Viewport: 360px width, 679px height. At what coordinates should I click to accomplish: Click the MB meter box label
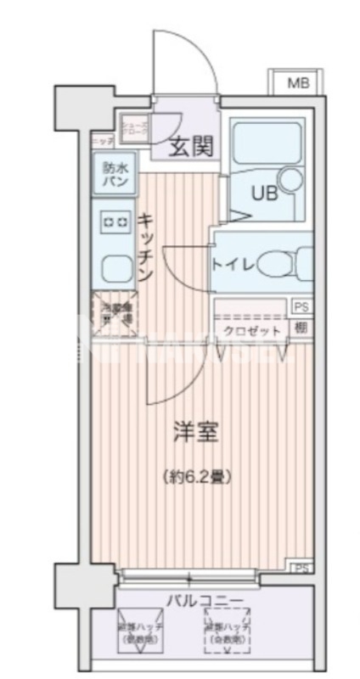(296, 82)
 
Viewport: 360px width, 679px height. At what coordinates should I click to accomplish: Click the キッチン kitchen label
(145, 246)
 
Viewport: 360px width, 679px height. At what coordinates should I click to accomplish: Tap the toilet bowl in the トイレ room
(275, 264)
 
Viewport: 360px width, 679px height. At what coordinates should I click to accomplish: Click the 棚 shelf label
(301, 328)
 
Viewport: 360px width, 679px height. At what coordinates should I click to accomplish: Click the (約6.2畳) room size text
(197, 477)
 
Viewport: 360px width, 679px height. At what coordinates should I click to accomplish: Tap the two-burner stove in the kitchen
(113, 222)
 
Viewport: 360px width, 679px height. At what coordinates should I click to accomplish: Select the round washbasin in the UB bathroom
(291, 179)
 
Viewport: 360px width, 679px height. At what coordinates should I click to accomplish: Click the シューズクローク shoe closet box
(136, 130)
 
